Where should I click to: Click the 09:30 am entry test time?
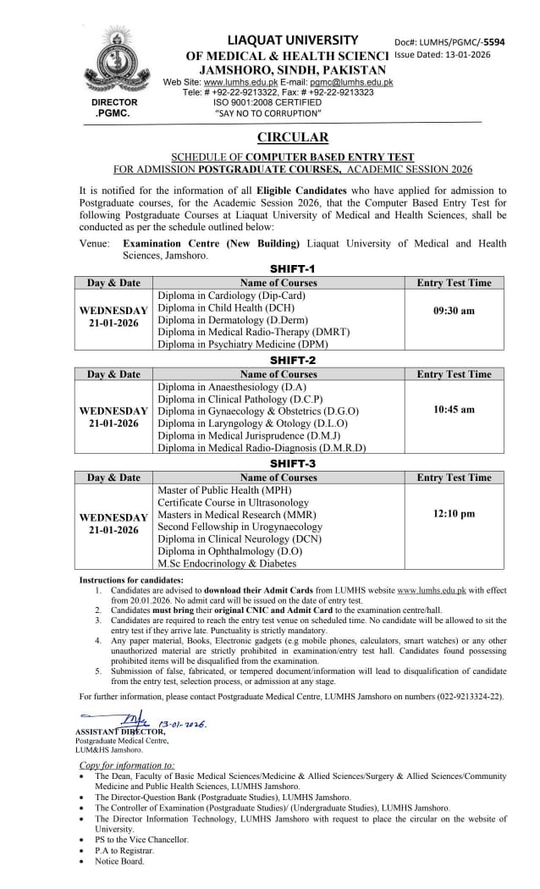click(x=454, y=311)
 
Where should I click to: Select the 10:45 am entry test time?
click(x=454, y=409)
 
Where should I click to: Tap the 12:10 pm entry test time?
click(x=454, y=513)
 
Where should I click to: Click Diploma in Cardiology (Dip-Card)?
click(x=231, y=295)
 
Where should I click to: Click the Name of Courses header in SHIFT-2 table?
click(x=278, y=373)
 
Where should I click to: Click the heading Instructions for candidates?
click(x=131, y=579)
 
